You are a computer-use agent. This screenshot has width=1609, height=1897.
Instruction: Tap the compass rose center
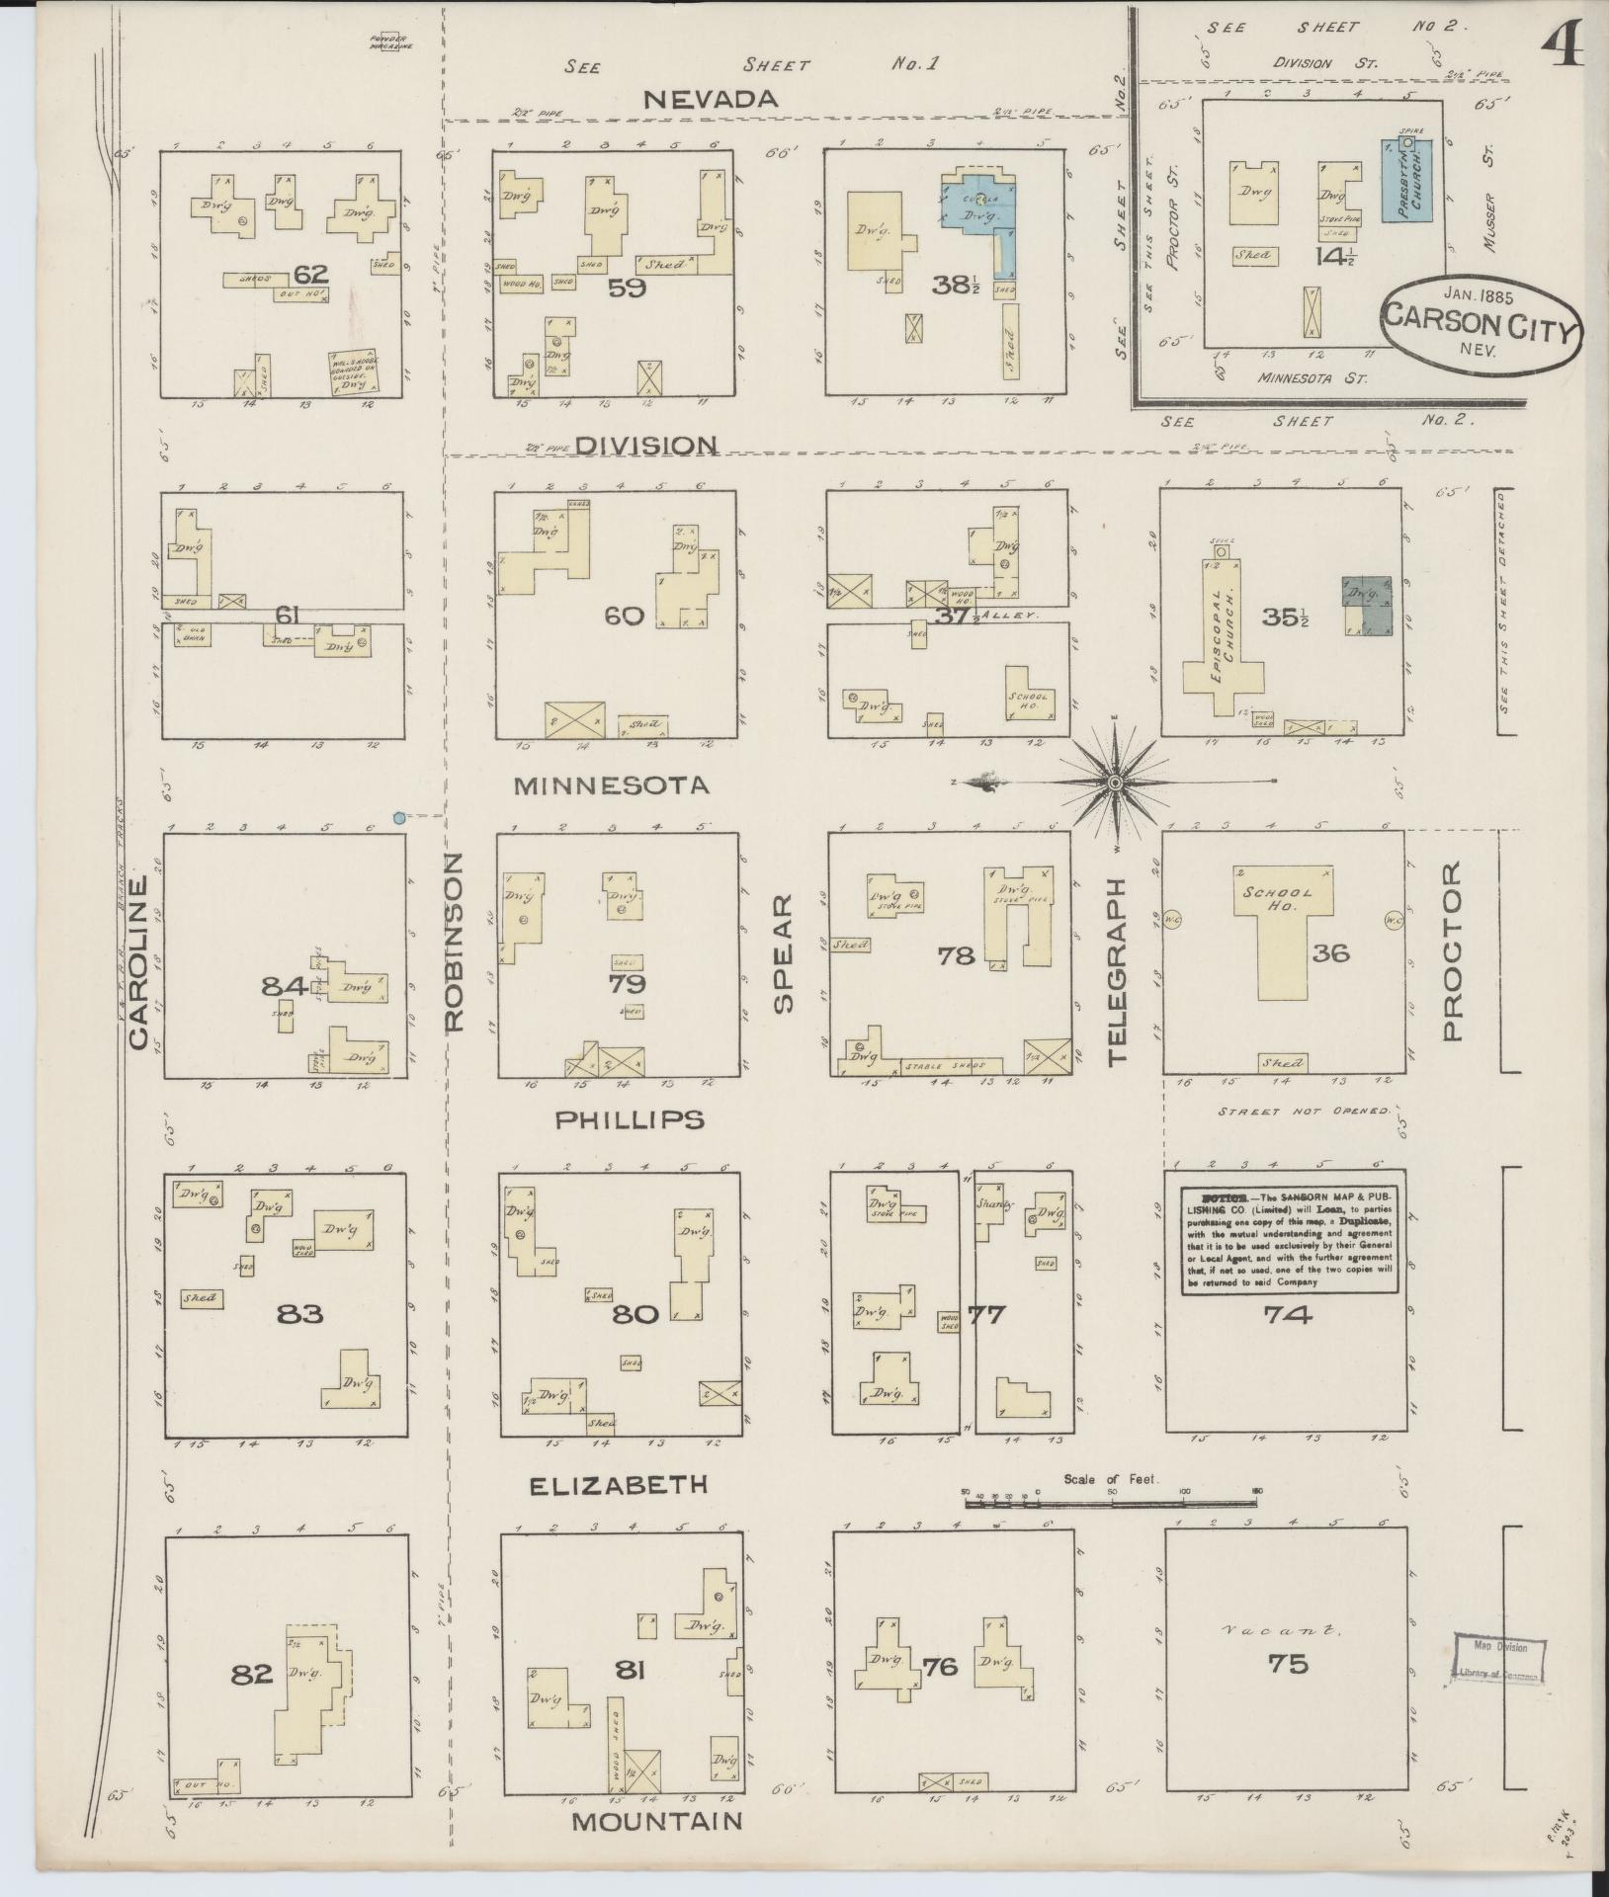click(1115, 783)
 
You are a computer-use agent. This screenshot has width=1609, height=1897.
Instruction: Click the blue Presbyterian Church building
click(1411, 193)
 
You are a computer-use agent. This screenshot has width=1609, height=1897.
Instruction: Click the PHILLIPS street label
click(629, 1119)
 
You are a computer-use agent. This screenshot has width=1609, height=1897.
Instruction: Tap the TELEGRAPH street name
click(1118, 971)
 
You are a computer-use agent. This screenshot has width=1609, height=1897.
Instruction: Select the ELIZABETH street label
click(618, 1484)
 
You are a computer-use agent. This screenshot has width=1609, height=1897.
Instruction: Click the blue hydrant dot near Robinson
click(398, 817)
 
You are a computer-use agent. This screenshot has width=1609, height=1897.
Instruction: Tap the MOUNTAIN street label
click(657, 1821)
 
